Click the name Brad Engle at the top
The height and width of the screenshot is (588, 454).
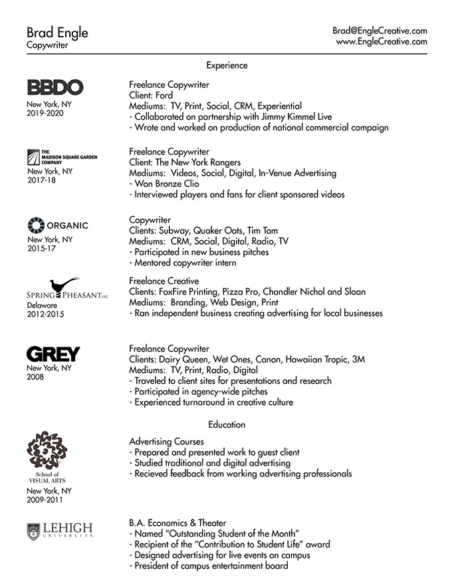57,33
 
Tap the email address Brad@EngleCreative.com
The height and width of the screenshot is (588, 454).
380,31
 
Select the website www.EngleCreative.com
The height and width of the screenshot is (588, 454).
381,41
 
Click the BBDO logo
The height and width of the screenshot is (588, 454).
55,87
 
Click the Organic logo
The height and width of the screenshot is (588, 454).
57,225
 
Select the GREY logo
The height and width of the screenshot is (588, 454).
53,354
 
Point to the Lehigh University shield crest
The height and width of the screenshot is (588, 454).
33,530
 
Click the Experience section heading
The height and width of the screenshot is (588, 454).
227,65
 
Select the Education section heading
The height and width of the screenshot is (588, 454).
227,424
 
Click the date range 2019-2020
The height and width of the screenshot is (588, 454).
44,114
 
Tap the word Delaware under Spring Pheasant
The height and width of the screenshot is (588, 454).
43,305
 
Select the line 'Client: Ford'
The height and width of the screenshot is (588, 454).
151,95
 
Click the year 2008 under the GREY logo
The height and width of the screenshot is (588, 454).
36,376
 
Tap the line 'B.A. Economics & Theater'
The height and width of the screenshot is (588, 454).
177,523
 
